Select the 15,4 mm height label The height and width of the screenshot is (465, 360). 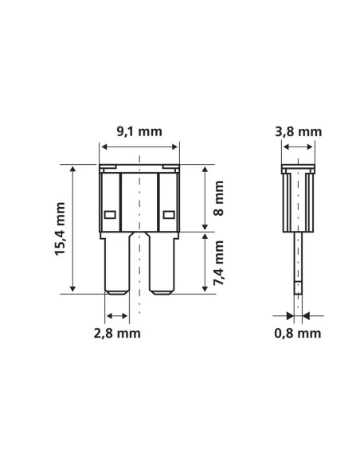point(61,229)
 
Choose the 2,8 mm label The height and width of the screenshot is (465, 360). point(117,333)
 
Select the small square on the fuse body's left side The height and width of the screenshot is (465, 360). point(111,214)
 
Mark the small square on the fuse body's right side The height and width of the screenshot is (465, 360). point(168,214)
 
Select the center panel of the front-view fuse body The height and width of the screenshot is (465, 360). point(139,203)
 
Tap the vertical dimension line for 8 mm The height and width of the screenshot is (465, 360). point(205,199)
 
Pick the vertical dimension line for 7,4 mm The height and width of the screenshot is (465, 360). point(205,264)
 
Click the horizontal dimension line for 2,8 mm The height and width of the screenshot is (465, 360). point(116,315)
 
